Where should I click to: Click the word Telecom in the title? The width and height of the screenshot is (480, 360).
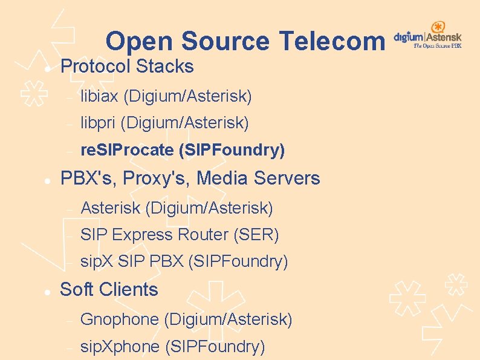click(331, 41)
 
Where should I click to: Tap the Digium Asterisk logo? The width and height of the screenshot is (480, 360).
click(428, 36)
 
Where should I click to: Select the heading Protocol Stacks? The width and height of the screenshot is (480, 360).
click(127, 67)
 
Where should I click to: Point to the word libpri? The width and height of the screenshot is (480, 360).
click(98, 123)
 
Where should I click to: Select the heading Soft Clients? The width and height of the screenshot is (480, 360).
click(109, 290)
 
